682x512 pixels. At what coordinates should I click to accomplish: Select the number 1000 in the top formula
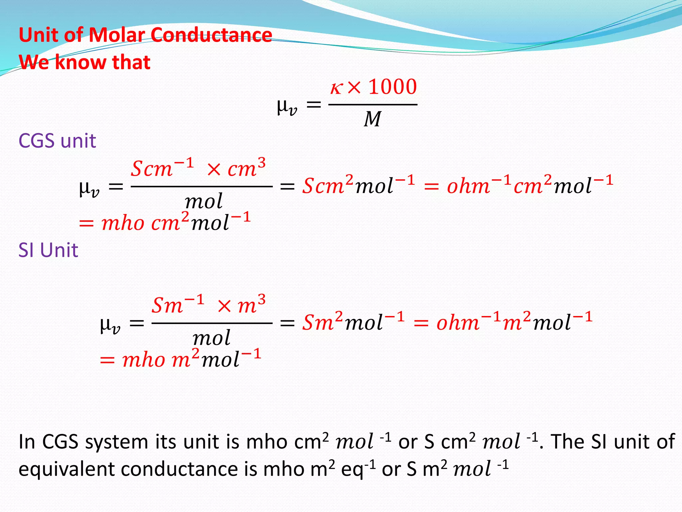[x=393, y=87]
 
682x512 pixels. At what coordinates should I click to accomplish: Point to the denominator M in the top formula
[x=372, y=119]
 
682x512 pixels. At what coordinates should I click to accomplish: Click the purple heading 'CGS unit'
[x=57, y=141]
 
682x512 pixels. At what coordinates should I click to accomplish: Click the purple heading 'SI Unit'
[x=48, y=250]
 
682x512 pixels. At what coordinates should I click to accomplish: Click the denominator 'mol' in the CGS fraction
[x=203, y=201]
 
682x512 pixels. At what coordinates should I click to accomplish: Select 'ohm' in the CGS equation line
[x=468, y=186]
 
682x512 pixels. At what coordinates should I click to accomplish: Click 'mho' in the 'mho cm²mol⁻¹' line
[x=123, y=223]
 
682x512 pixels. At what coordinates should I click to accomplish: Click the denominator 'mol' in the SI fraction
[x=211, y=338]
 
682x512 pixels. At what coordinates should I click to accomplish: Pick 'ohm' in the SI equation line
[x=458, y=323]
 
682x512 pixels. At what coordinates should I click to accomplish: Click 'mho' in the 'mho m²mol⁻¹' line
[x=144, y=360]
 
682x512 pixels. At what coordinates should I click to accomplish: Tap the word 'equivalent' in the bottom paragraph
[x=67, y=469]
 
